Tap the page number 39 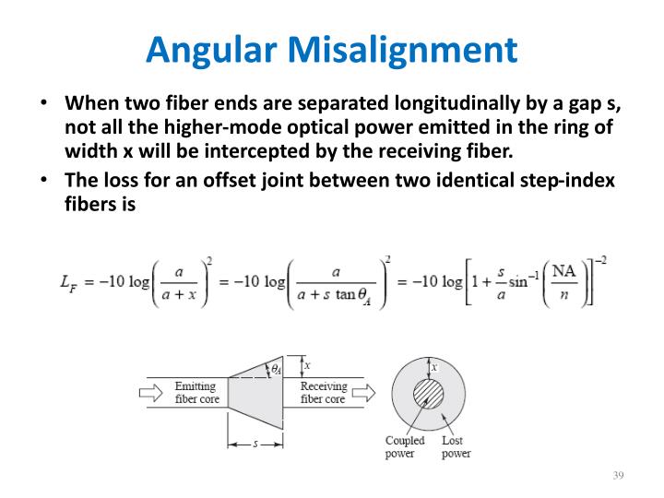618,475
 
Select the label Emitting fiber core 196,393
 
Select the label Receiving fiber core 323,393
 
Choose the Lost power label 456,447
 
